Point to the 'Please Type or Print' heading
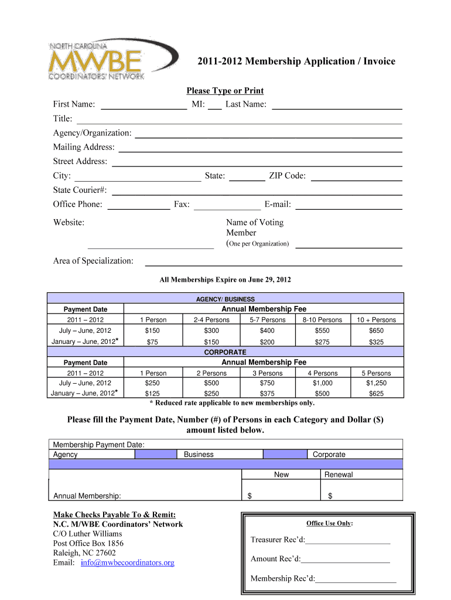[225, 91]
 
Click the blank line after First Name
[143, 106]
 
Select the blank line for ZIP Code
[356, 178]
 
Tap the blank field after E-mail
[349, 206]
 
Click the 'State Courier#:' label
[80, 190]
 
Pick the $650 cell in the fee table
[376, 330]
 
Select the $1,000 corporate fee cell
[323, 383]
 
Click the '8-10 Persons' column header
[322, 320]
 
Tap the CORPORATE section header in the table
[225, 352]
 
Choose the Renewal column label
[339, 475]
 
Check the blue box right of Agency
[156, 454]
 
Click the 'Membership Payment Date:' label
[99, 445]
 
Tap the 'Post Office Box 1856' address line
[88, 543]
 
